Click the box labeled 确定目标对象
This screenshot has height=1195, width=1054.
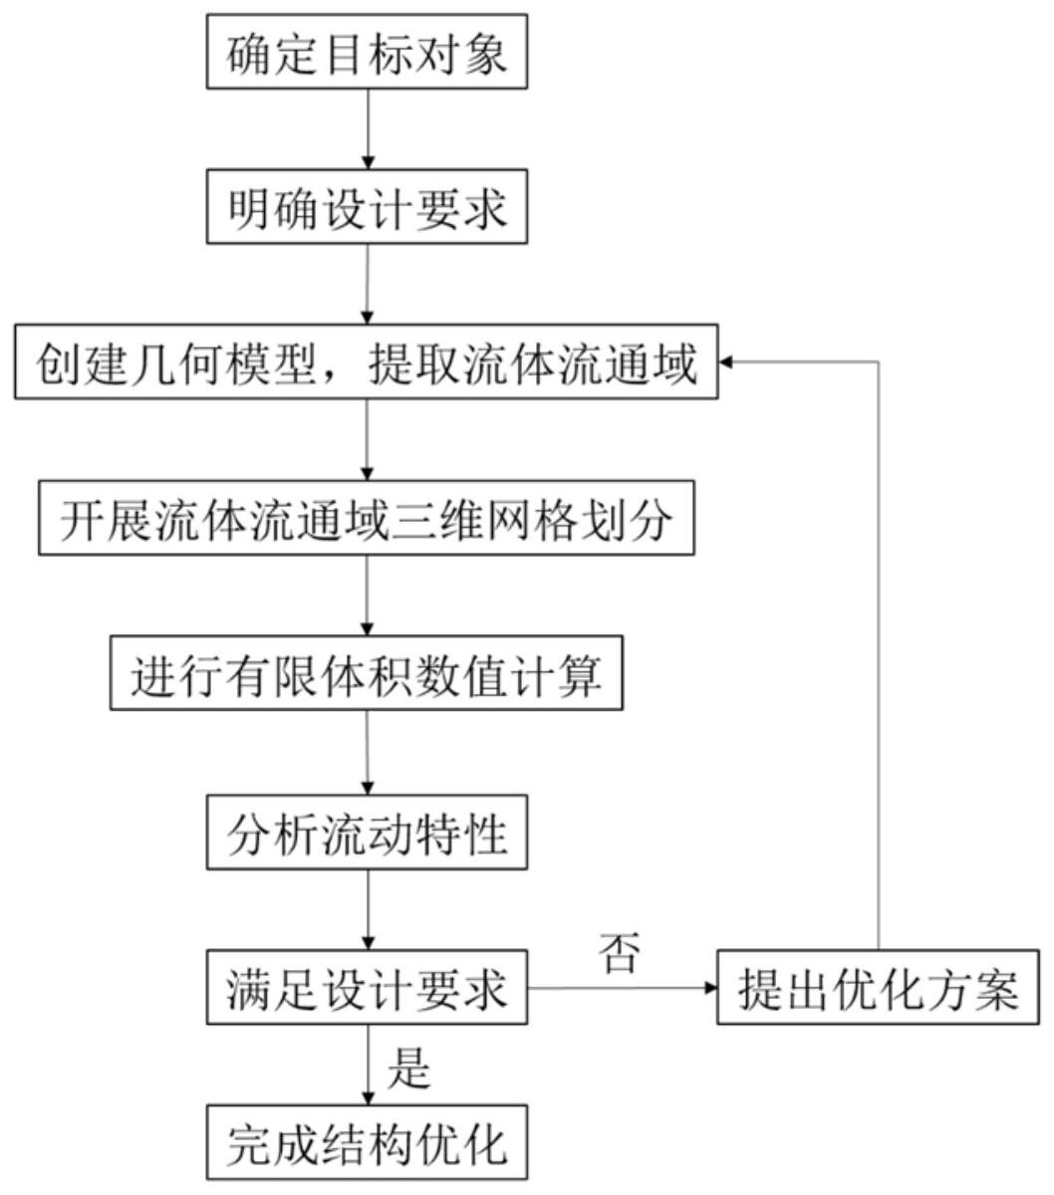pyautogui.click(x=366, y=53)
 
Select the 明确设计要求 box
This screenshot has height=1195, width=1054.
pyautogui.click(x=366, y=209)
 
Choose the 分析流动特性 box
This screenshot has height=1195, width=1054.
pyautogui.click(x=366, y=834)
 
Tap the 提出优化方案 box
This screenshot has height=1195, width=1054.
pyautogui.click(x=879, y=989)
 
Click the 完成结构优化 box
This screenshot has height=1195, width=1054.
pyautogui.click(x=366, y=1145)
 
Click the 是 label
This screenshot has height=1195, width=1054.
pyautogui.click(x=408, y=1067)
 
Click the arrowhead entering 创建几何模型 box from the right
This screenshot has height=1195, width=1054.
pyautogui.click(x=726, y=363)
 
